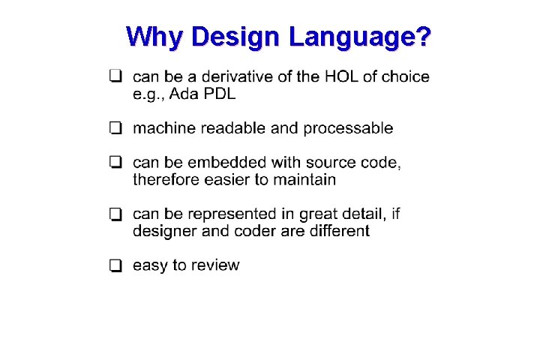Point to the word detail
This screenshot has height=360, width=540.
coord(364,214)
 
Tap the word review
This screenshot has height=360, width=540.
coord(215,265)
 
